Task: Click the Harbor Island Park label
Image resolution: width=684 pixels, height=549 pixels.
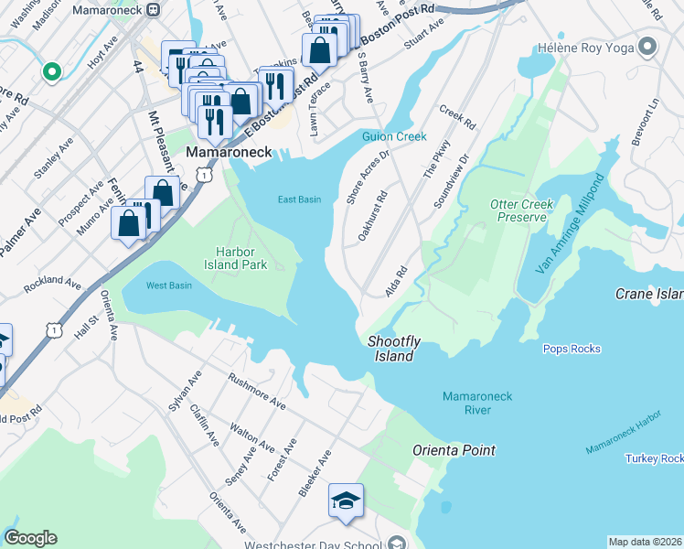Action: [x=240, y=258]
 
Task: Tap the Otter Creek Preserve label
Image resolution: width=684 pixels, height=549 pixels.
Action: [x=521, y=211]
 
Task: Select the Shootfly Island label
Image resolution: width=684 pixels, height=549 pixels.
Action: [x=394, y=348]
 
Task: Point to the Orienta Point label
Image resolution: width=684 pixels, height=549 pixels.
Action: [x=454, y=450]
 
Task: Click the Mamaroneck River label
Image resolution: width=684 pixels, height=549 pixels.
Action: [x=477, y=403]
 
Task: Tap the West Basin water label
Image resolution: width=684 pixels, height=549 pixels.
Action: [x=169, y=285]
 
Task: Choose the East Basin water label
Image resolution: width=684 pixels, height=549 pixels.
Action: [x=300, y=199]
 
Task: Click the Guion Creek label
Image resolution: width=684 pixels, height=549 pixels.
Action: [x=394, y=136]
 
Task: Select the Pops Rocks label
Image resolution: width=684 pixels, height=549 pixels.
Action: [x=571, y=349]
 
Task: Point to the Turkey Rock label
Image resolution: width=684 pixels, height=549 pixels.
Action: [x=654, y=458]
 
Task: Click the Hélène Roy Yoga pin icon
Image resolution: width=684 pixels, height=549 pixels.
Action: [x=647, y=46]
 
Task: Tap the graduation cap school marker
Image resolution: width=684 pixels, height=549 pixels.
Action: [x=347, y=501]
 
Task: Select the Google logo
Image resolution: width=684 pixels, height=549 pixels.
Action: [x=30, y=538]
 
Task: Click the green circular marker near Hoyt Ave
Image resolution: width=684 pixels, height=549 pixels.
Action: [x=52, y=70]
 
